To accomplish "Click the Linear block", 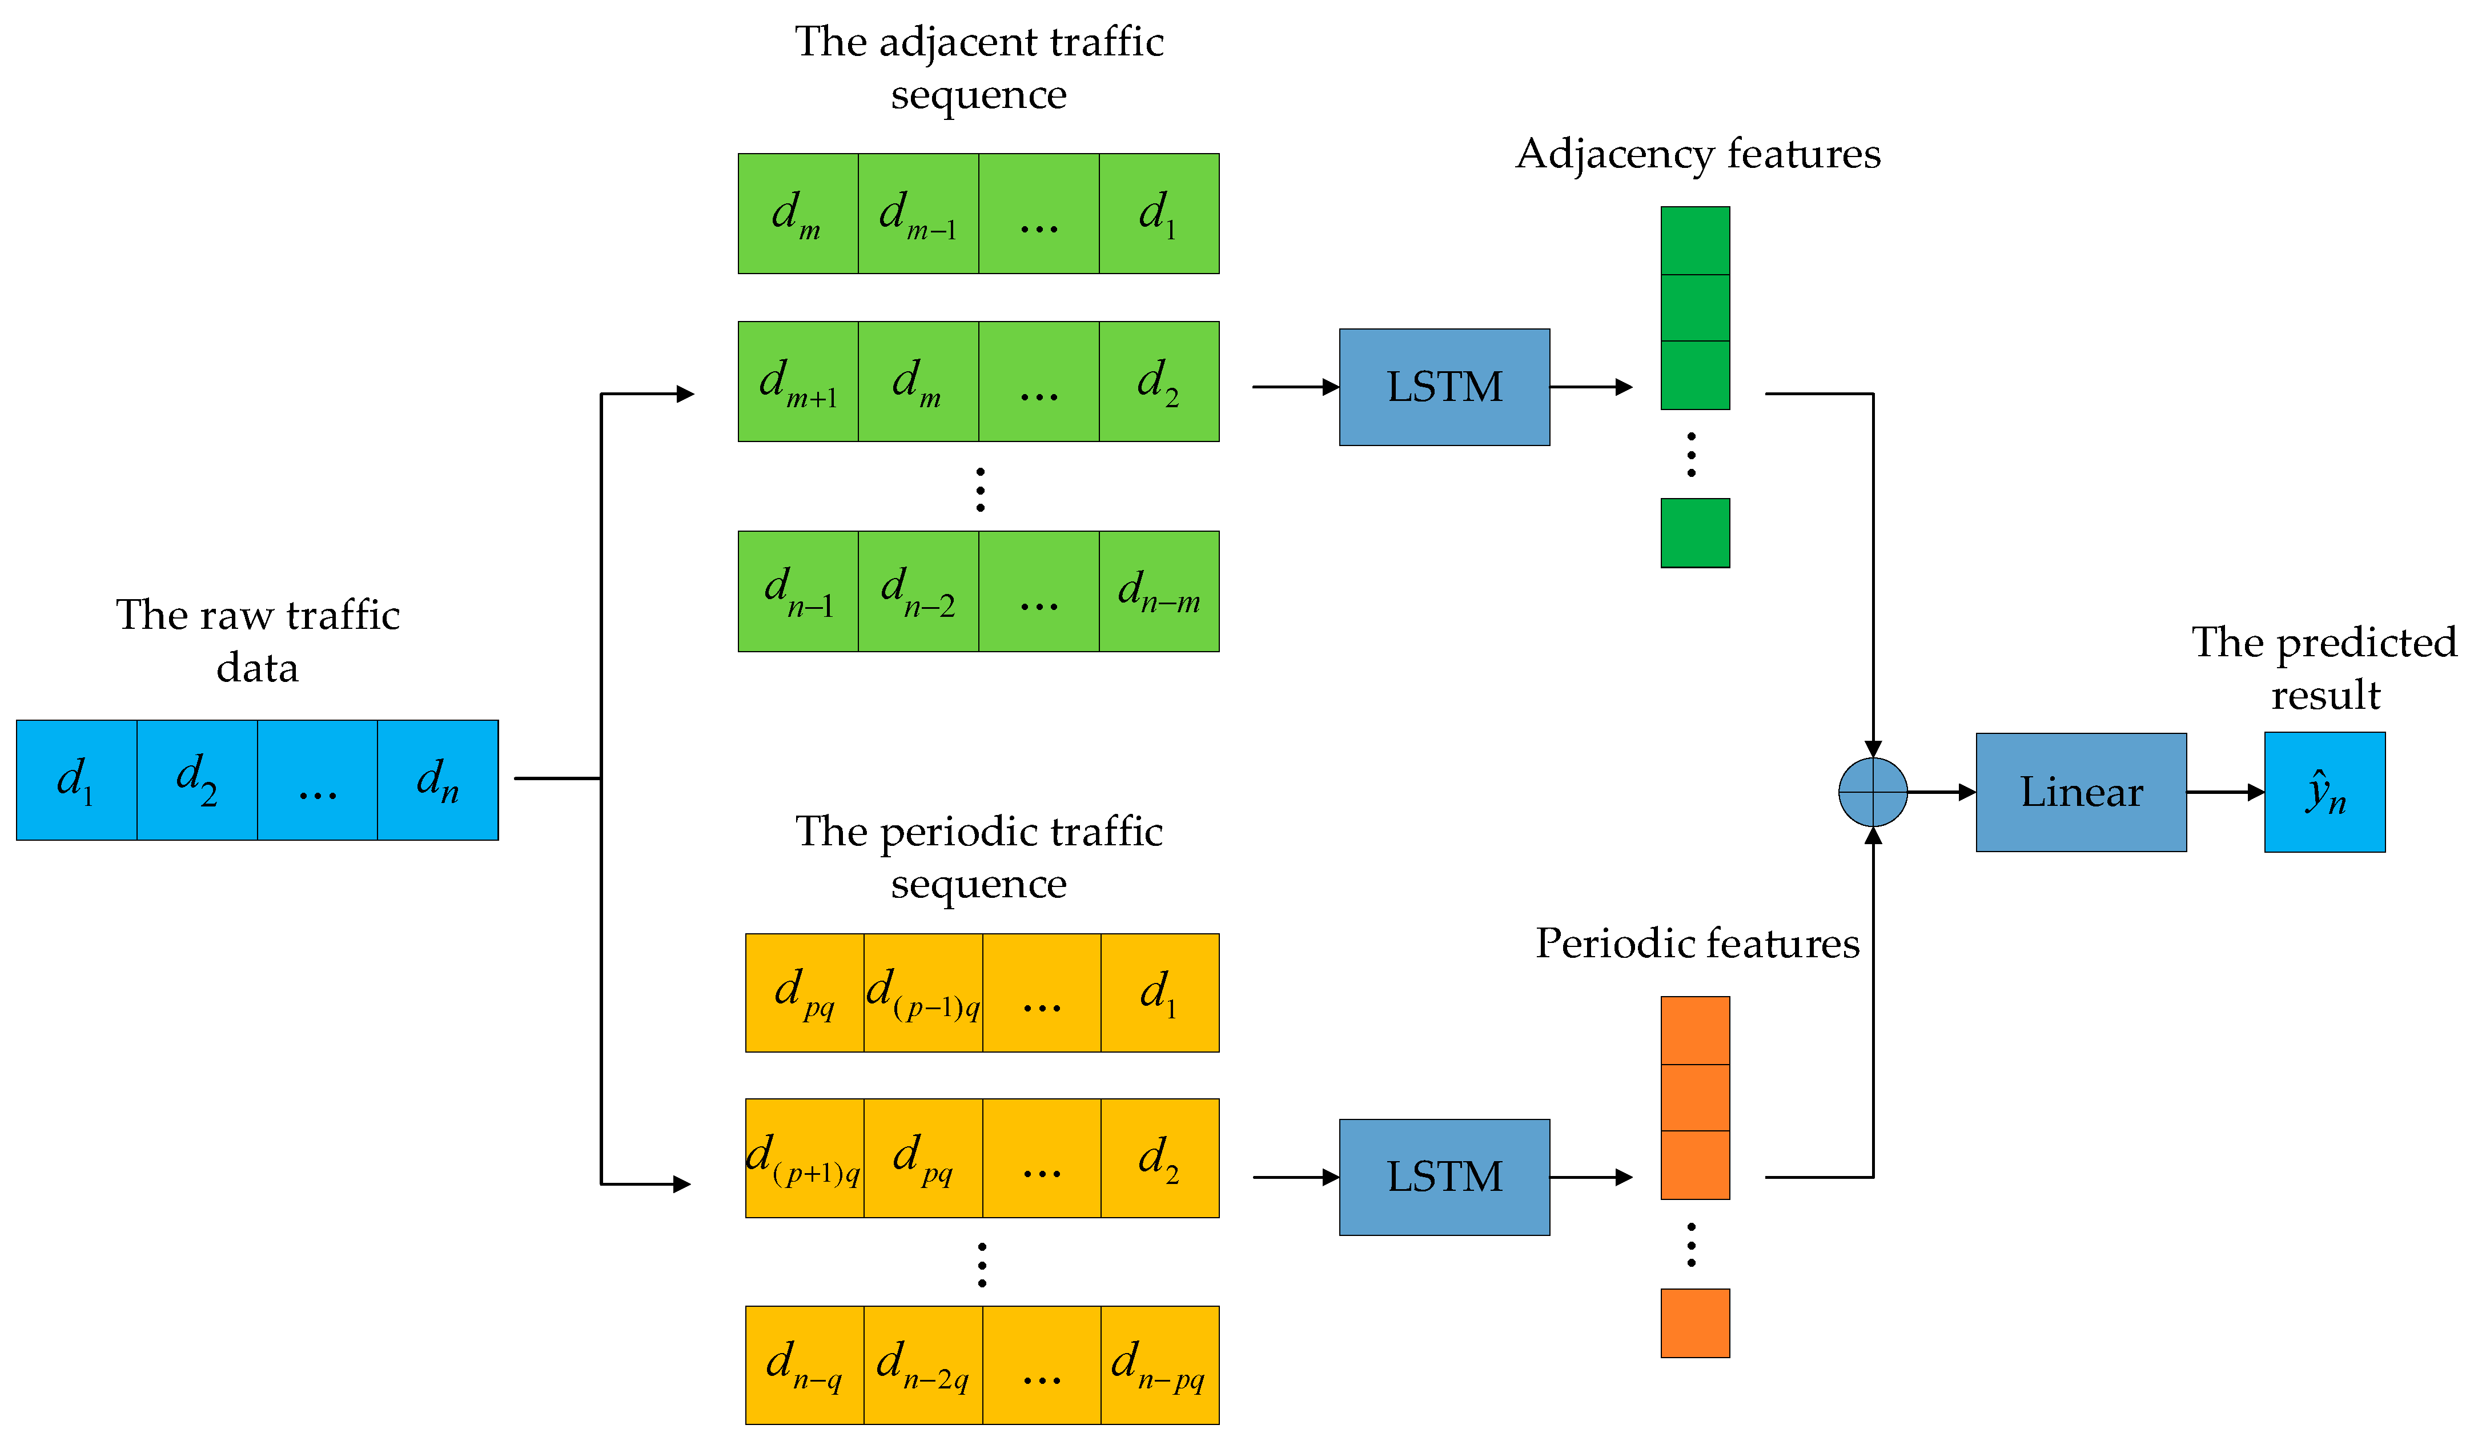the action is coord(2081,792).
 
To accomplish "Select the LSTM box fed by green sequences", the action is coord(1444,387).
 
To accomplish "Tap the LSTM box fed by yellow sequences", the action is coord(1444,1177).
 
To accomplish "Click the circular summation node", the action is coord(1873,792).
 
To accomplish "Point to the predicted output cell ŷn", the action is coord(2325,792).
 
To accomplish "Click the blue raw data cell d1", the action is coord(77,780).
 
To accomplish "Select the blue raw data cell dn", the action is coord(438,780).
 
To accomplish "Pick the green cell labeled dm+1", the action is coord(798,382).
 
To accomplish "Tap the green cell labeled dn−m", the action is coord(1159,592).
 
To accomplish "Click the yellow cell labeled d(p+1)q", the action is coord(805,1158).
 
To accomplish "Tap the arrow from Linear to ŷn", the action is coord(2226,792).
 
